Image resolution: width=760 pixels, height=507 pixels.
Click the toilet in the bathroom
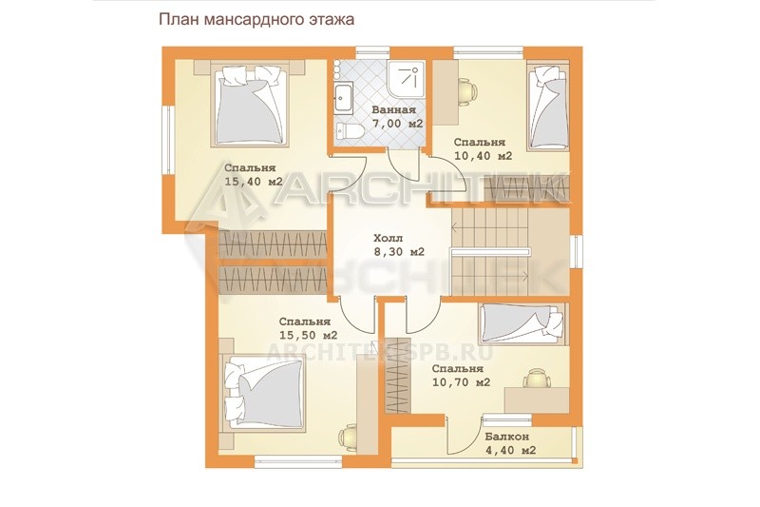tap(348, 130)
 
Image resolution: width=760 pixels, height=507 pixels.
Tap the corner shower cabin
tap(407, 79)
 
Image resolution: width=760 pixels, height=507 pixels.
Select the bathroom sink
tap(344, 98)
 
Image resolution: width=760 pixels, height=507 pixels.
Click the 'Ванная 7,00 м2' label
tap(397, 116)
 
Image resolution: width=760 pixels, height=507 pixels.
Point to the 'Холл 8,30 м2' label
tap(399, 245)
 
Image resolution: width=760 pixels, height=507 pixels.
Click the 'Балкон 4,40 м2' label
tap(510, 443)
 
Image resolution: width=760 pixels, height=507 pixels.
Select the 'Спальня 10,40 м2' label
tap(483, 149)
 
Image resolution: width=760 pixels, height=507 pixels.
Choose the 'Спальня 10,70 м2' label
tap(461, 376)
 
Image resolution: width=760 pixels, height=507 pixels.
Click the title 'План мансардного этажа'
tap(256, 19)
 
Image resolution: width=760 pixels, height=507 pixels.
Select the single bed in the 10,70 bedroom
tap(522, 324)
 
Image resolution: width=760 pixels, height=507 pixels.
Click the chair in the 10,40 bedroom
tap(466, 91)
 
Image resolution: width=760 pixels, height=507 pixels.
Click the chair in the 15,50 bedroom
tap(349, 439)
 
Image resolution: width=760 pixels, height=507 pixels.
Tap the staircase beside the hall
tap(489, 251)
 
